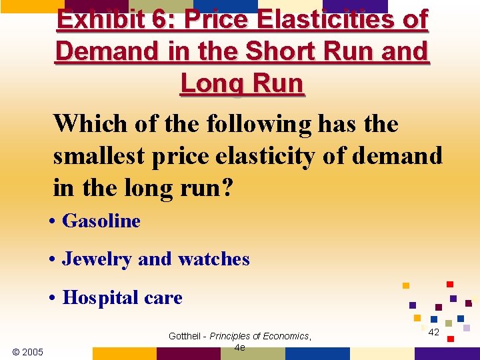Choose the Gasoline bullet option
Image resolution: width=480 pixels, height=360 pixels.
[x=101, y=221]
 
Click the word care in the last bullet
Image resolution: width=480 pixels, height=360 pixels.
[x=164, y=297]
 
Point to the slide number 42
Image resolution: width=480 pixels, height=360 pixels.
[x=433, y=332]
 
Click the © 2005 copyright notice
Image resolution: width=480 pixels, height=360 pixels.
[x=28, y=351]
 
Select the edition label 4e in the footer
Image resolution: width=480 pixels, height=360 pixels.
[x=240, y=347]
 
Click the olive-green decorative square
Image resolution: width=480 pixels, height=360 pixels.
[x=449, y=323]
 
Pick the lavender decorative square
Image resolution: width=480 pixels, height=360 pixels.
[x=467, y=328]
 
